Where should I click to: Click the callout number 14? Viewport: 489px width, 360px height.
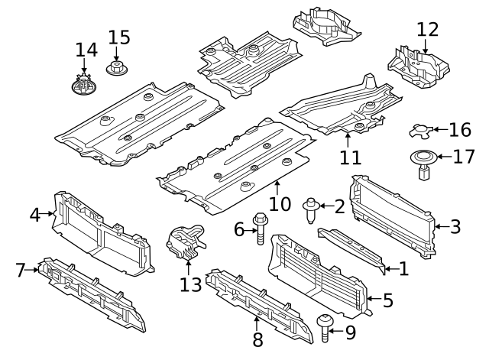pyautogui.click(x=86, y=50)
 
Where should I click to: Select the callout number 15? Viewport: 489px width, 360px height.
pyautogui.click(x=119, y=37)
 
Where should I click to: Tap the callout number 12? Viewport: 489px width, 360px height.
pyautogui.click(x=428, y=30)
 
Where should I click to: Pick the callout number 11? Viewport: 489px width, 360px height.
pyautogui.click(x=349, y=158)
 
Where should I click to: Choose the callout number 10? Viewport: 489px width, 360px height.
pyautogui.click(x=280, y=204)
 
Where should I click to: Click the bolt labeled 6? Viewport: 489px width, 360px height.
pyautogui.click(x=260, y=230)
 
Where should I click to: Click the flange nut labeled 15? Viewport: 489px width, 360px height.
pyautogui.click(x=117, y=70)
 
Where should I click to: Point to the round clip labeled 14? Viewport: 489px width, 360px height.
pyautogui.click(x=85, y=86)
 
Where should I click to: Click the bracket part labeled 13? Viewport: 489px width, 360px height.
pyautogui.click(x=186, y=242)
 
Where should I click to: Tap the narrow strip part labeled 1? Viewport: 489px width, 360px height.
pyautogui.click(x=353, y=248)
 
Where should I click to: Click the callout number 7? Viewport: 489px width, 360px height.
pyautogui.click(x=22, y=269)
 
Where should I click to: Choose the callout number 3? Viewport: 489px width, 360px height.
pyautogui.click(x=455, y=226)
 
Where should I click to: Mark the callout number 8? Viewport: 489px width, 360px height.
pyautogui.click(x=257, y=338)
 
